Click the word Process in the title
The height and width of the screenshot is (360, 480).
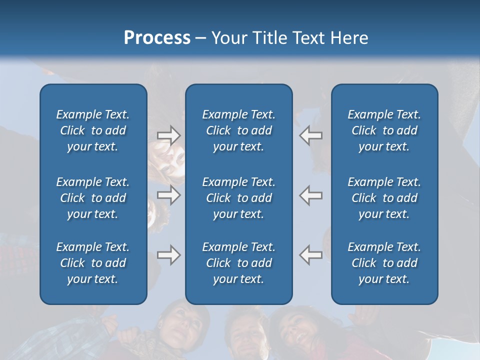click(157, 38)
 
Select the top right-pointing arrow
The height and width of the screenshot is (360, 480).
click(168, 135)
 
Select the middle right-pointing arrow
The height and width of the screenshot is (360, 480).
click(168, 194)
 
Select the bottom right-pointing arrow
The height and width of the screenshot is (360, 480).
click(168, 255)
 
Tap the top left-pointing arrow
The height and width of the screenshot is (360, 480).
click(311, 135)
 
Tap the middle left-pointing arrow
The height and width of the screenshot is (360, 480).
click(311, 194)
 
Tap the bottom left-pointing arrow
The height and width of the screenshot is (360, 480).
click(311, 255)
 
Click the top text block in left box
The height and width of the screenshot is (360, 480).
click(93, 130)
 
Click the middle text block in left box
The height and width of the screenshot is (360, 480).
click(93, 198)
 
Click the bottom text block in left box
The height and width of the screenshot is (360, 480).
click(93, 263)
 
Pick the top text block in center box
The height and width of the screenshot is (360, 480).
click(238, 130)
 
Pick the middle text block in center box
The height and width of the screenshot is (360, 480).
click(238, 198)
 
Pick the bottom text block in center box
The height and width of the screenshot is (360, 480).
click(238, 263)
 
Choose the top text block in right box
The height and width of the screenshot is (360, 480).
click(384, 130)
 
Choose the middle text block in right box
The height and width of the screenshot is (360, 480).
click(384, 198)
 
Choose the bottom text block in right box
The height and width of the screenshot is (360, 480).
click(384, 263)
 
